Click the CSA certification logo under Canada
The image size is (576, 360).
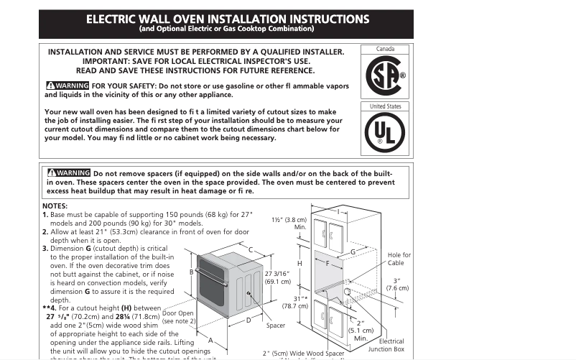[386, 75]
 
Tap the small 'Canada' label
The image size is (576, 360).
[386, 50]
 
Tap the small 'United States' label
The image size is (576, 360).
[385, 106]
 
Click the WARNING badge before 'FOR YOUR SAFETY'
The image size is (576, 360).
[67, 86]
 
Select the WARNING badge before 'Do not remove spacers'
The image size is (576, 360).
[68, 173]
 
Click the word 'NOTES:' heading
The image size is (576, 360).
[55, 206]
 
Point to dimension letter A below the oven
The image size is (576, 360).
[211, 339]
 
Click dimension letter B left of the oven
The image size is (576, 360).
[191, 272]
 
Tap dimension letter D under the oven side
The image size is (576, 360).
[248, 320]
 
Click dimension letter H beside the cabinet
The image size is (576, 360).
[299, 264]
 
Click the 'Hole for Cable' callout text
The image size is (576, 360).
[399, 259]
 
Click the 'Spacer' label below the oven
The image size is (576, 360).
[276, 326]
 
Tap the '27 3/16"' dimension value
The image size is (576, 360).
[277, 274]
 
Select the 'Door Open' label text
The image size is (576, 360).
[177, 313]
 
